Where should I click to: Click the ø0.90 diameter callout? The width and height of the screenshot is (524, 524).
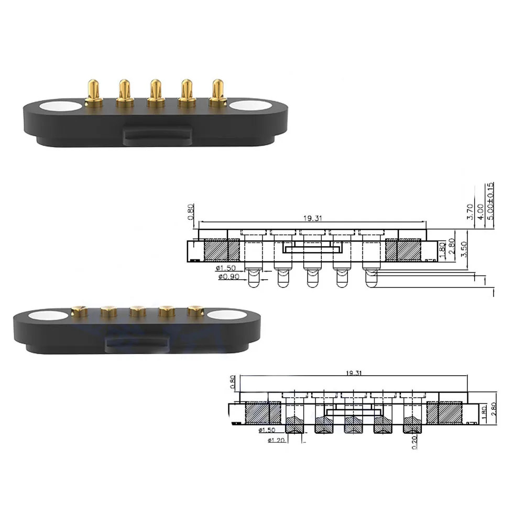(x=231, y=277)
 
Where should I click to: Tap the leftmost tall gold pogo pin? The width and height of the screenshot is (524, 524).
(x=93, y=92)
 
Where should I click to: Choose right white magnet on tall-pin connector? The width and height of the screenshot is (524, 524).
(x=250, y=105)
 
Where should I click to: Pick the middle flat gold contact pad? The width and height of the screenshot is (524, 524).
(x=138, y=311)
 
